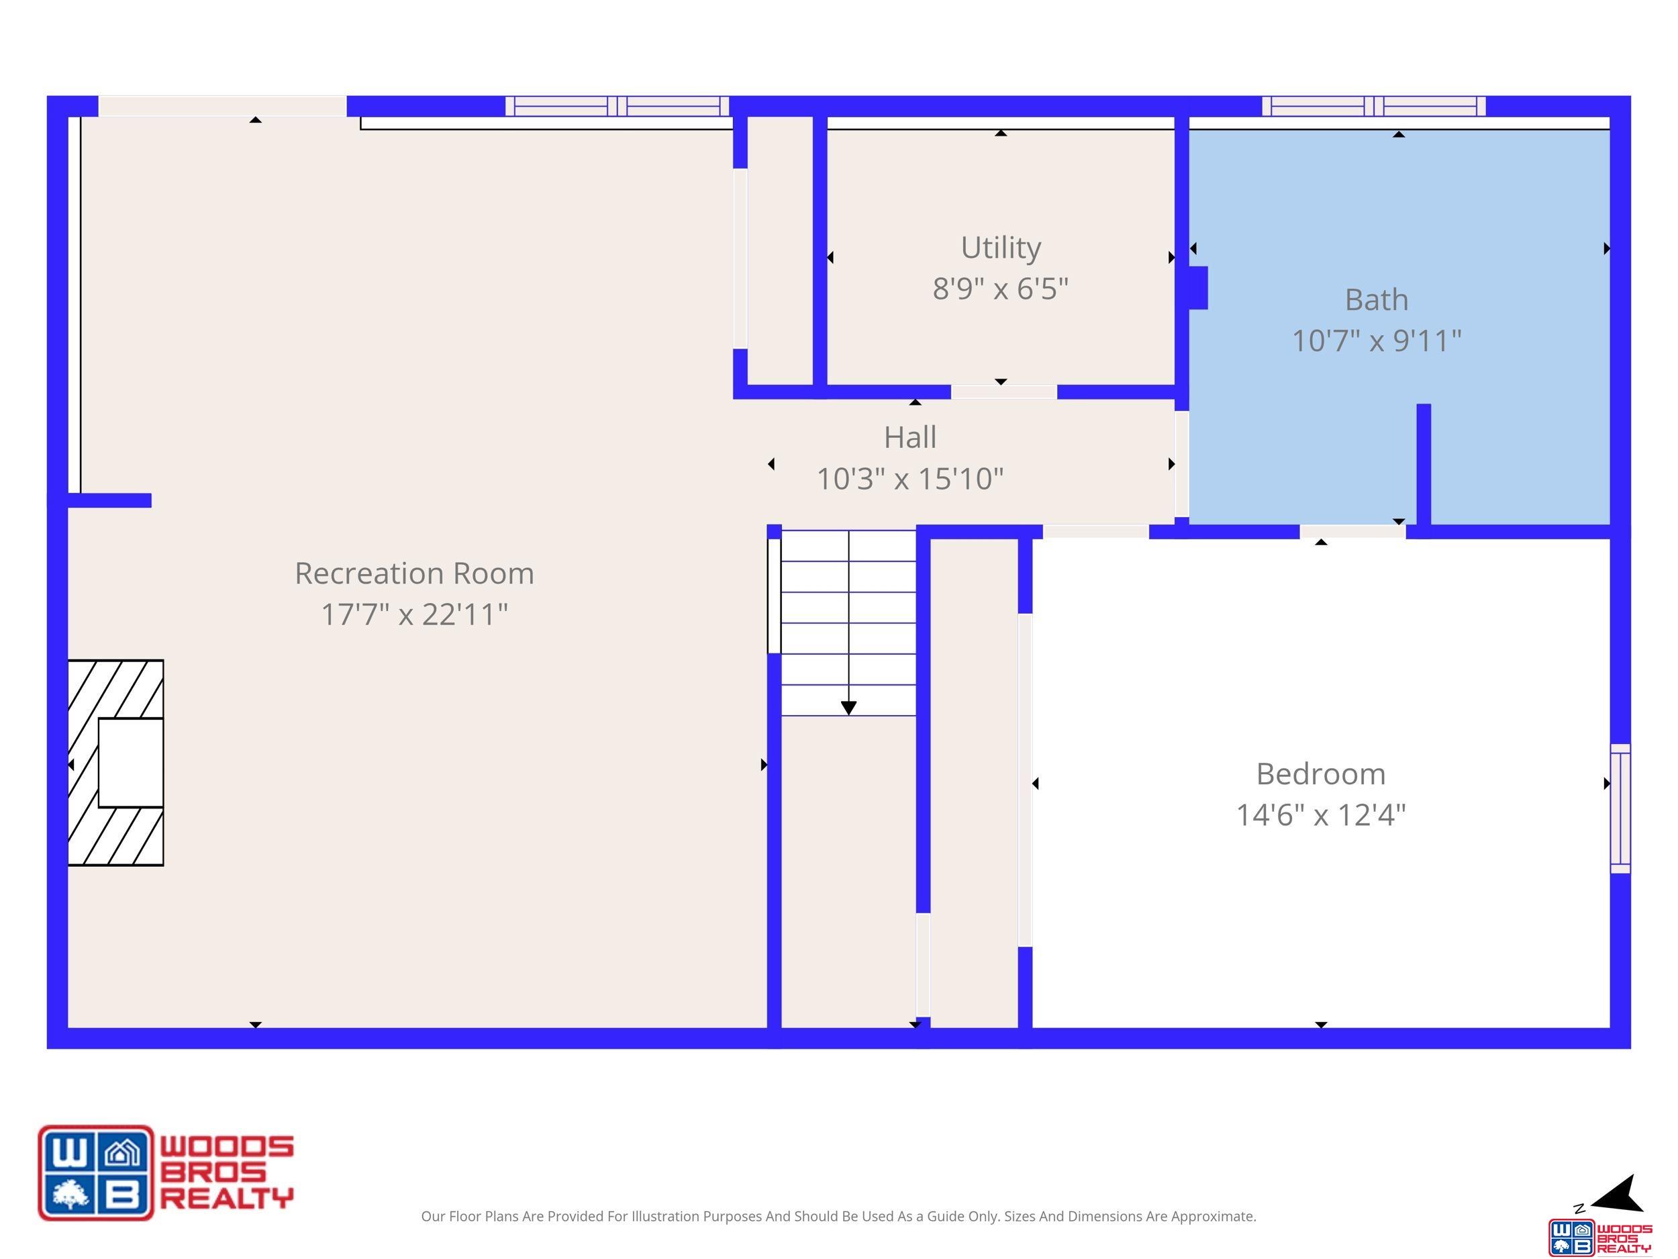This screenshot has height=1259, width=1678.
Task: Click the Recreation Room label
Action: point(414,573)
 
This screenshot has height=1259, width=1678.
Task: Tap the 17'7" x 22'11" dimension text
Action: point(414,614)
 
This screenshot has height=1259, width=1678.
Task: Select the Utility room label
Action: point(1001,248)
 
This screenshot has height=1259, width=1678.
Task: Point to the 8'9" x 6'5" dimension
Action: point(1001,288)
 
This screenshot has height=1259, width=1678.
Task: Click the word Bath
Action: point(1376,299)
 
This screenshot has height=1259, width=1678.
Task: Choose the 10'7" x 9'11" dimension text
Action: point(1376,340)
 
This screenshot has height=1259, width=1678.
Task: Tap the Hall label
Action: point(909,437)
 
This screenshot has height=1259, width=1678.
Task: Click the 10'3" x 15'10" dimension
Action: point(909,479)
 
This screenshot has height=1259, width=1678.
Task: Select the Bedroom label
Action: point(1321,774)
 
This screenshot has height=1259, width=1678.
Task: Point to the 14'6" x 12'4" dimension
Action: point(1321,815)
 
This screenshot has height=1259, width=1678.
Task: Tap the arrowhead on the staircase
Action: point(849,708)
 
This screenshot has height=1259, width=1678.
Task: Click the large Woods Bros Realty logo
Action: point(166,1172)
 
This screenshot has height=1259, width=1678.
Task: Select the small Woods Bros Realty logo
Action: point(1600,1237)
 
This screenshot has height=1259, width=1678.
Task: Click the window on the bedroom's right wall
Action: point(1620,809)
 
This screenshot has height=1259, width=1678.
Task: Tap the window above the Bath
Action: point(1374,106)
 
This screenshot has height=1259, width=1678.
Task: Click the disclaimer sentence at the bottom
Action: point(838,1217)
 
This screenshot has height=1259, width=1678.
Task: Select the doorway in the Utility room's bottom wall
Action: point(1003,391)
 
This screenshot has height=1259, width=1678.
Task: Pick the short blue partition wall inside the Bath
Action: point(1424,465)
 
